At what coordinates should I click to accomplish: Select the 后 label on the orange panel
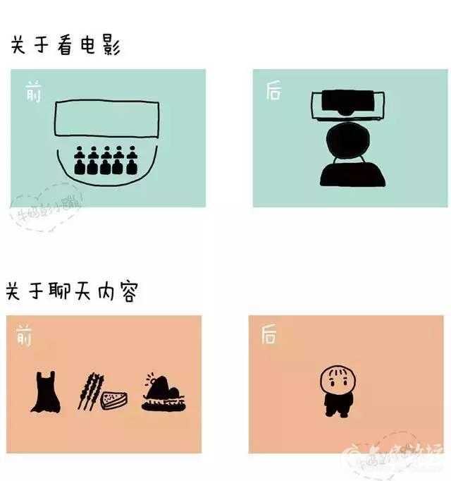[268, 334]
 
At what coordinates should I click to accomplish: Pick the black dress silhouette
[45, 393]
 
